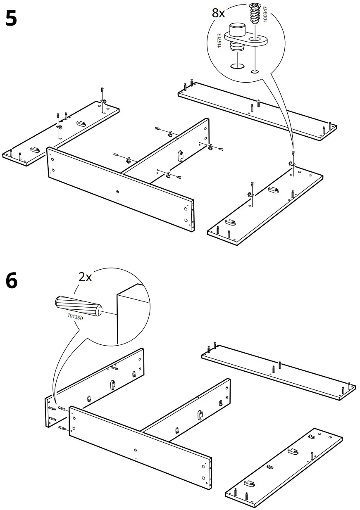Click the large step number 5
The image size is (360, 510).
coord(11,19)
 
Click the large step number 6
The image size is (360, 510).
coord(11,281)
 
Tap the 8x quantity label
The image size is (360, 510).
coord(218,13)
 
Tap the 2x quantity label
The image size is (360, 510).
coord(85,277)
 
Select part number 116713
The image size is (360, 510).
coord(220,40)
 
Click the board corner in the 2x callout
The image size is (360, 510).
coord(128,314)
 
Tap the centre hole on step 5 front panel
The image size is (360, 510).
coord(118,192)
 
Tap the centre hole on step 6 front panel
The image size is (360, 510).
coord(136,449)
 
